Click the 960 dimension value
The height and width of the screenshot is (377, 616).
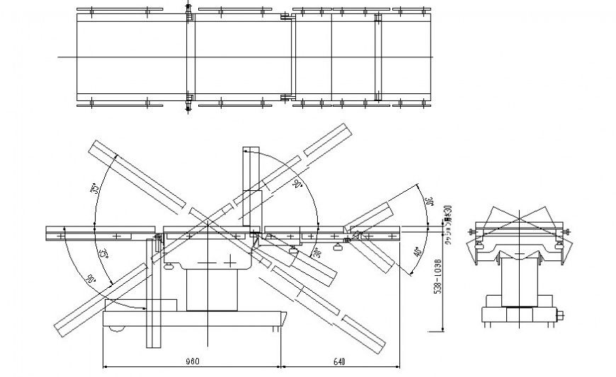(x=192, y=361)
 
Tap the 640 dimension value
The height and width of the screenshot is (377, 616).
(x=338, y=361)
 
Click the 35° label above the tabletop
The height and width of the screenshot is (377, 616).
(x=94, y=190)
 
